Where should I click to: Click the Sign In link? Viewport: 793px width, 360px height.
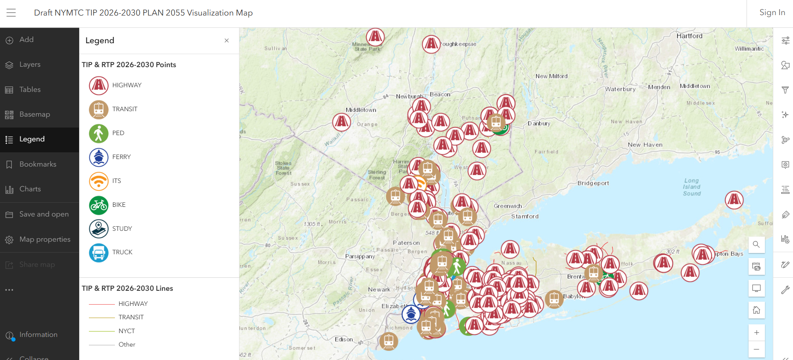click(x=772, y=13)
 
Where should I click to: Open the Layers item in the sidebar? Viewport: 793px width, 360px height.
click(x=30, y=65)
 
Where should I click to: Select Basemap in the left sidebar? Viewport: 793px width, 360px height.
click(x=34, y=115)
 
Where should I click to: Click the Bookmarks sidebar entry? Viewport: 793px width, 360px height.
click(x=38, y=164)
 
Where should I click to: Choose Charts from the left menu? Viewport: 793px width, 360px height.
click(x=30, y=189)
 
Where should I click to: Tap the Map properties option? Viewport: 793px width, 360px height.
click(x=44, y=240)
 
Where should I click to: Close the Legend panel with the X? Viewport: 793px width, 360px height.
click(x=226, y=41)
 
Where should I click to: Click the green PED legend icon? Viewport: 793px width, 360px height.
click(x=99, y=133)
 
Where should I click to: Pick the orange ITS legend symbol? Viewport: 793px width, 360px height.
click(x=99, y=181)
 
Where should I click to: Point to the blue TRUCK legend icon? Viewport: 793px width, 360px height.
click(x=99, y=253)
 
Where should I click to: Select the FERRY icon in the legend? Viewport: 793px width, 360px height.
click(x=99, y=157)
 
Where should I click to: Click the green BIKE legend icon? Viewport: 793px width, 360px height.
click(x=99, y=205)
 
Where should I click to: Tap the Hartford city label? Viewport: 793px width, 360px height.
click(x=689, y=36)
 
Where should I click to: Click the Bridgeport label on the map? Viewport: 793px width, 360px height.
click(x=593, y=183)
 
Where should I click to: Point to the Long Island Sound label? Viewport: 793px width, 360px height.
click(x=692, y=187)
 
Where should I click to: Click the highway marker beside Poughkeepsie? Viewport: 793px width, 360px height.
click(x=431, y=44)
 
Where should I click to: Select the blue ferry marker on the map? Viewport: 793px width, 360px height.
click(x=411, y=314)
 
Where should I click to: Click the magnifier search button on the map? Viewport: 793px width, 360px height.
click(x=756, y=245)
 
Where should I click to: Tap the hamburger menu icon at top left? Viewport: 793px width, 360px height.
click(x=11, y=13)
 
